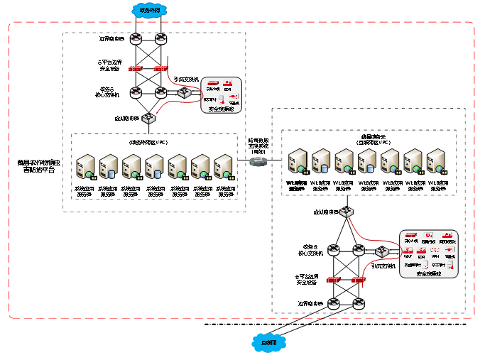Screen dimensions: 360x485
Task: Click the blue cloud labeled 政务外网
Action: (150, 11)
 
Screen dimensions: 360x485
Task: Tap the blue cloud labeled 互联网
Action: (269, 343)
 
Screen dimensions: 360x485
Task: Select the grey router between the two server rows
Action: (259, 162)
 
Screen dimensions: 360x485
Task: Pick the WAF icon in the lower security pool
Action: (408, 251)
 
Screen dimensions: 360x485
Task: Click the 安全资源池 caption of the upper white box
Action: (222, 109)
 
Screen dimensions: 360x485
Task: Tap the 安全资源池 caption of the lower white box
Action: (428, 273)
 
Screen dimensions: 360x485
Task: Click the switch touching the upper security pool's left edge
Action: (185, 93)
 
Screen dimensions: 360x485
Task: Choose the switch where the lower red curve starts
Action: (347, 212)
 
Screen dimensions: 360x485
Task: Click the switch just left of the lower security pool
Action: (383, 251)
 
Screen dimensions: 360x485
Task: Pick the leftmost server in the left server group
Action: (86, 167)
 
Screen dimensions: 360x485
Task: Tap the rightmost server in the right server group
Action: (436, 161)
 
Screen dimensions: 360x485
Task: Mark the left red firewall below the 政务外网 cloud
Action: (135, 69)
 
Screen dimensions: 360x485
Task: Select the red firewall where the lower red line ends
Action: (359, 279)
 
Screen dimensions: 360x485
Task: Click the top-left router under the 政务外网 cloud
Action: (136, 39)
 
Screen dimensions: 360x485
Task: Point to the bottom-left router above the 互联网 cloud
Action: (334, 303)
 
